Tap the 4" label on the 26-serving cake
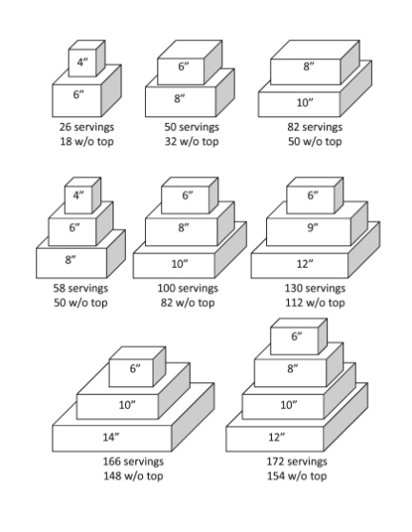(83, 63)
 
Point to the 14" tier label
(113, 437)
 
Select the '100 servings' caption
(187, 287)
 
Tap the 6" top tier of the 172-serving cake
(296, 337)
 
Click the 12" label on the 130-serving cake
(304, 262)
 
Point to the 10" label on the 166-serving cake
(125, 404)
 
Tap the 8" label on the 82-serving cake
(308, 68)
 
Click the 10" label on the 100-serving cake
(179, 262)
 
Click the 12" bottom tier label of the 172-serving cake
(278, 437)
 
